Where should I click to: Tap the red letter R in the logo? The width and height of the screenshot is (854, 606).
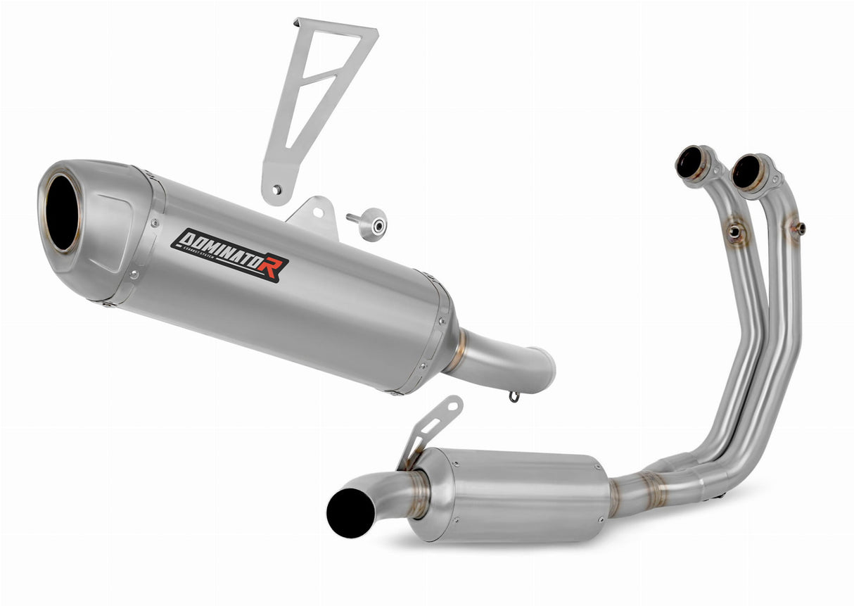pos(272,268)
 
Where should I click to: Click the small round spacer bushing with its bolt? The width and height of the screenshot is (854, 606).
pos(371,225)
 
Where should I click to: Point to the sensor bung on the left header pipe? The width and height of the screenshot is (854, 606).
pos(736,232)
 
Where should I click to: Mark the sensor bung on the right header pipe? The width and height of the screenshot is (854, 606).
pos(799,228)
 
